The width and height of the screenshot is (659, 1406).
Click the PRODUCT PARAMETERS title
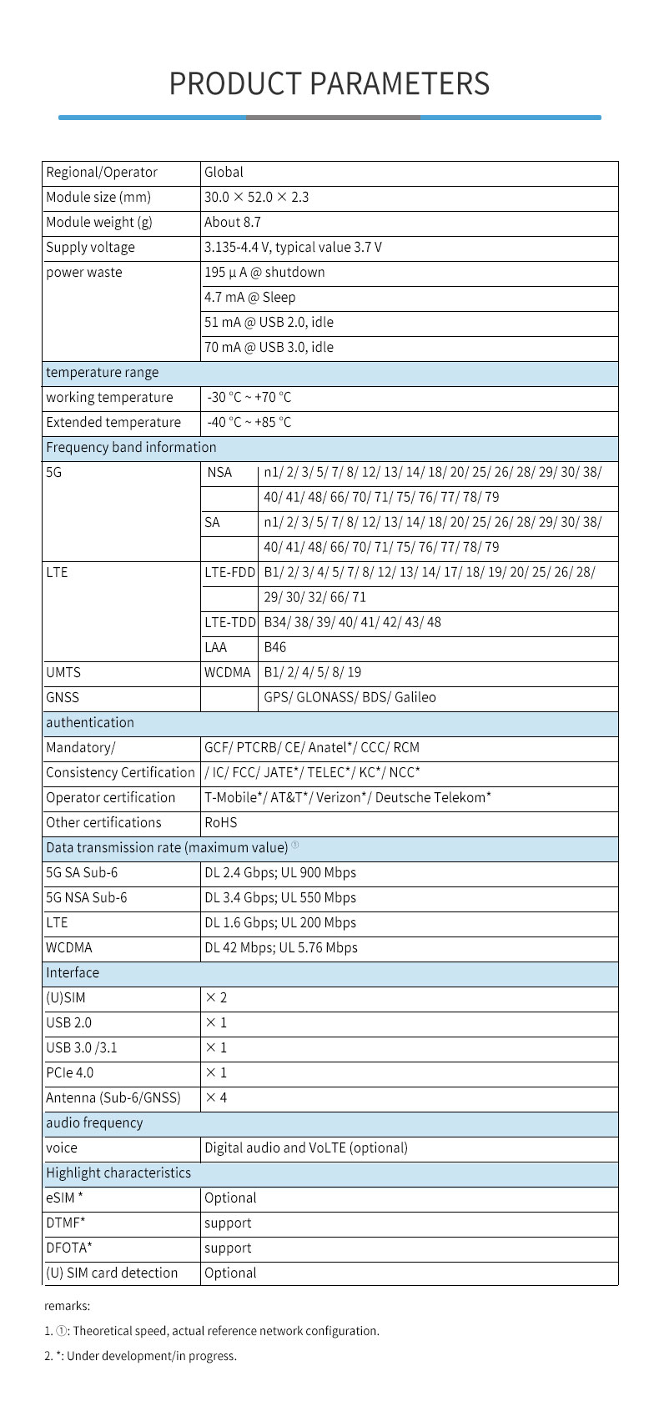[329, 84]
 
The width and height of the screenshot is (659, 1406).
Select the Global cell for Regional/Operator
[224, 173]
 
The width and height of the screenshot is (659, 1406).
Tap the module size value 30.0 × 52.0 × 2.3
[256, 198]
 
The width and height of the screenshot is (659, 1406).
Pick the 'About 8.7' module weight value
[232, 223]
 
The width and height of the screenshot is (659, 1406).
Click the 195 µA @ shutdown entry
[264, 273]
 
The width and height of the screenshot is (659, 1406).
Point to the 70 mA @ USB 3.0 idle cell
[269, 348]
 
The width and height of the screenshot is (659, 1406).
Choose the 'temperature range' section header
[102, 373]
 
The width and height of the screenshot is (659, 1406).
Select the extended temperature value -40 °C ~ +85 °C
[249, 423]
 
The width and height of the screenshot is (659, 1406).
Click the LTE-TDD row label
[229, 623]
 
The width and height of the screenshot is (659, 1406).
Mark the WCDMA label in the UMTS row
[227, 673]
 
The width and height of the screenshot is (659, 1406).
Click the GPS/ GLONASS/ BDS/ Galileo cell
[350, 698]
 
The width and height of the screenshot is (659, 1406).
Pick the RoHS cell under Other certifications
[221, 823]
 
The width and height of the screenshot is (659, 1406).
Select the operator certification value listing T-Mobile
[347, 798]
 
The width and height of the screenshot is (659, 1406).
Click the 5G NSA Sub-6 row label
[87, 898]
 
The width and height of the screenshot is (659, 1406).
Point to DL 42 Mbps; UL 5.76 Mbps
[280, 948]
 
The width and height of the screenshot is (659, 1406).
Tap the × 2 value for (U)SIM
[216, 998]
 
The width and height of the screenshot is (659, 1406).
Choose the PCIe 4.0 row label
[70, 1073]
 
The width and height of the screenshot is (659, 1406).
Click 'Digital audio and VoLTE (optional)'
[306, 1148]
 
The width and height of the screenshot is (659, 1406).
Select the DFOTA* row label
[69, 1248]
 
